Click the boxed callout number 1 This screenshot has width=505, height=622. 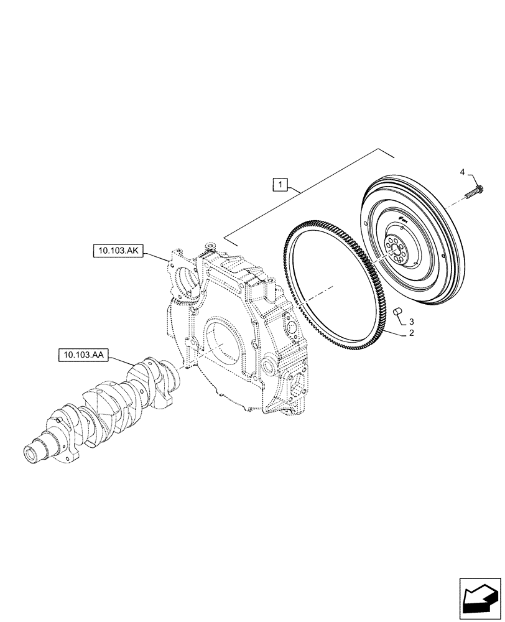(281, 184)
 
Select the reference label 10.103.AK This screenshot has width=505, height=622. (118, 251)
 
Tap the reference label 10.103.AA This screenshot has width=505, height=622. (84, 355)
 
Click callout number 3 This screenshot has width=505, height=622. (411, 322)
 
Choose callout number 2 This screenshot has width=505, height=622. (411, 334)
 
